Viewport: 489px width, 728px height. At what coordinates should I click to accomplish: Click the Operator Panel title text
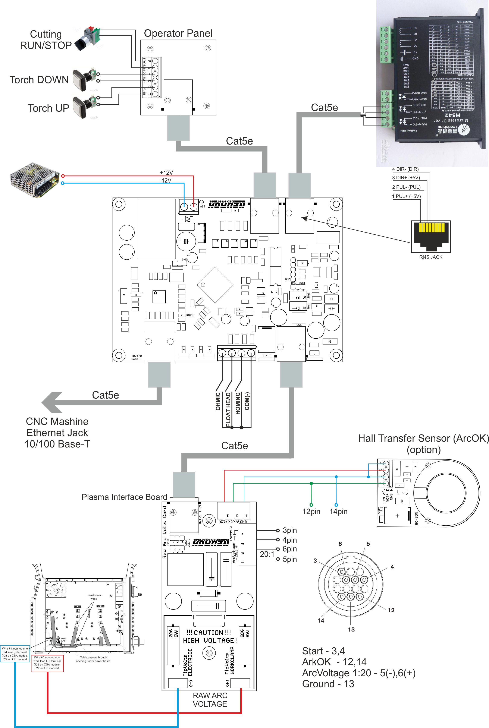point(178,33)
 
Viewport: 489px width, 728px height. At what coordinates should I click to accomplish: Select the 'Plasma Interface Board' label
point(124,497)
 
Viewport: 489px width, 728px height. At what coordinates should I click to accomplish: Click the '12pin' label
point(311,511)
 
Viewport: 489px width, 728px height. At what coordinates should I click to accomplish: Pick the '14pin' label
point(338,511)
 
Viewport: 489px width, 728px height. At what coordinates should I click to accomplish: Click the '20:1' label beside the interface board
point(267,554)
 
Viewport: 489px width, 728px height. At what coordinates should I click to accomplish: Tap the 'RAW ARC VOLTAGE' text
point(210,700)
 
